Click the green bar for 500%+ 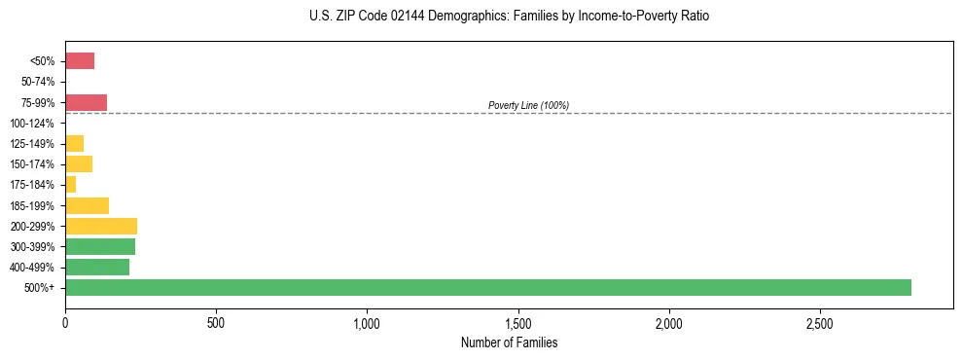click(x=487, y=287)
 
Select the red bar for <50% click(x=80, y=61)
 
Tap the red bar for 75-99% click(x=86, y=102)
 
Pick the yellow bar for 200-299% click(x=101, y=226)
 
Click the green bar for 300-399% click(x=100, y=246)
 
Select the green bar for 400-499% click(x=97, y=267)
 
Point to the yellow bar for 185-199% click(x=87, y=205)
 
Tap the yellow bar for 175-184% click(x=71, y=185)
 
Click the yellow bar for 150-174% click(x=79, y=163)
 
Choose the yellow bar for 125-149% click(x=74, y=144)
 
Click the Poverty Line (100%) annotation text click(x=528, y=105)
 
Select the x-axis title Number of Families click(x=509, y=342)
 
